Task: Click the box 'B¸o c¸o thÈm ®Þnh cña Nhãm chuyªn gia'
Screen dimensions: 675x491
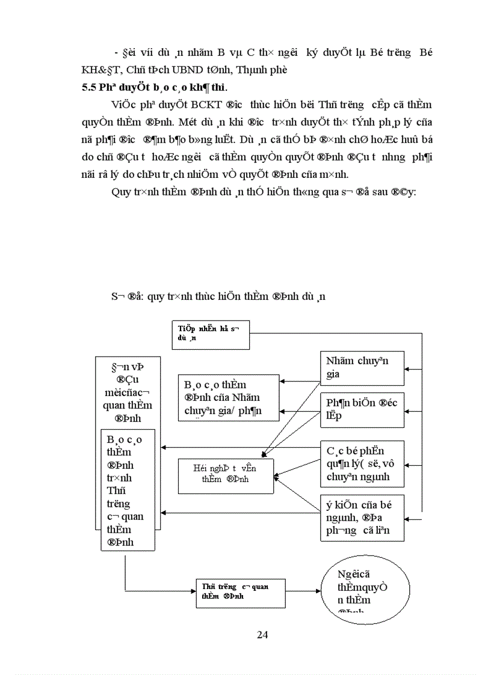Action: pos(229,397)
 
